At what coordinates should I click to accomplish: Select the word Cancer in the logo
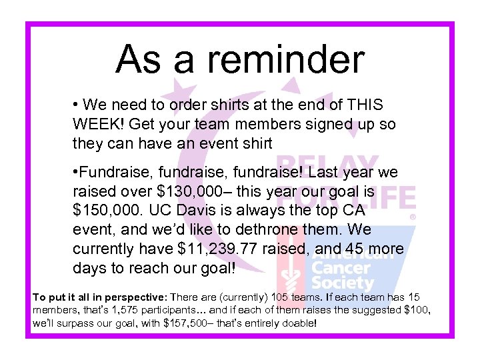pos(341,268)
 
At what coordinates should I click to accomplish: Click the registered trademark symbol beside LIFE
pos(413,217)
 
